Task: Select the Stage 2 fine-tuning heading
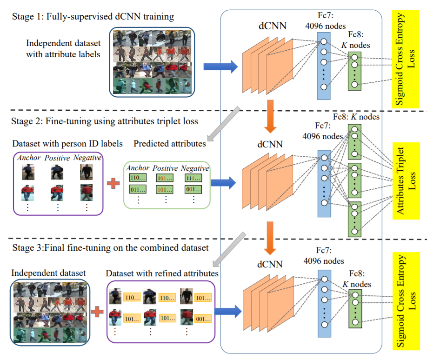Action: coord(104,122)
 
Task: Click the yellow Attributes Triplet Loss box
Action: coord(406,180)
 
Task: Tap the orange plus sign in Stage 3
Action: coord(96,311)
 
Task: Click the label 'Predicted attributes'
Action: coord(169,144)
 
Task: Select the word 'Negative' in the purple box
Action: coord(87,158)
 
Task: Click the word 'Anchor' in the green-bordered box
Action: coord(137,168)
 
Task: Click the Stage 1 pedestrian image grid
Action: coord(152,62)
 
